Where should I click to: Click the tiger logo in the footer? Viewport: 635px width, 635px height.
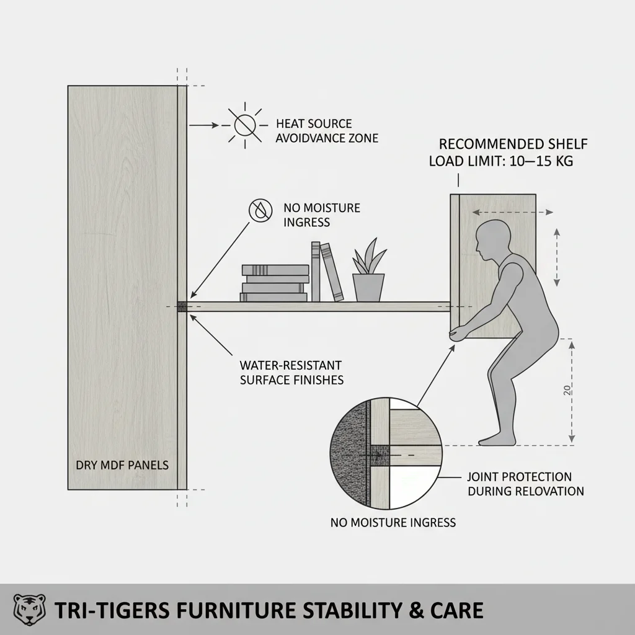(x=29, y=610)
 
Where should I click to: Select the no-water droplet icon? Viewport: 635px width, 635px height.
(x=261, y=211)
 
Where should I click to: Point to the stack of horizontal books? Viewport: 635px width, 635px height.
(x=275, y=283)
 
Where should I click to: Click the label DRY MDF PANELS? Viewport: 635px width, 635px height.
(x=122, y=465)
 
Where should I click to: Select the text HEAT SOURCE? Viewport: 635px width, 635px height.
(x=314, y=124)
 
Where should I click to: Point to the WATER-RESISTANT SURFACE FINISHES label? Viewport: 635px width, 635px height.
(x=291, y=372)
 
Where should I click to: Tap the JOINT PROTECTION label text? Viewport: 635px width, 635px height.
(x=520, y=477)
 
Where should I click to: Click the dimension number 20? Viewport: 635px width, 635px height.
(x=567, y=390)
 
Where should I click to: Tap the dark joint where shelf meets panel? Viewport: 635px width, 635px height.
(x=182, y=306)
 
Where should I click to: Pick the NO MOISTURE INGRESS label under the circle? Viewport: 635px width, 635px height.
(x=393, y=522)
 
